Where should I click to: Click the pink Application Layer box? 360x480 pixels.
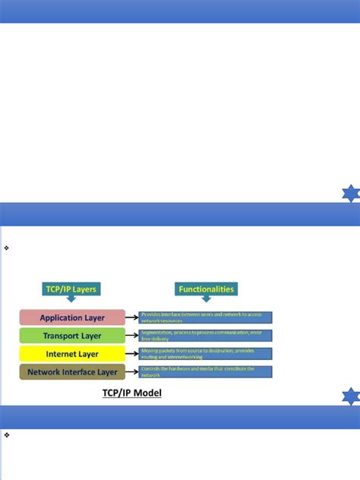[72, 317]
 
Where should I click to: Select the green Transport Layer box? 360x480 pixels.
[72, 336]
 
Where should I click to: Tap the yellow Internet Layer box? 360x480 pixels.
[72, 354]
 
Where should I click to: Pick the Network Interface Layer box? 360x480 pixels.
[72, 372]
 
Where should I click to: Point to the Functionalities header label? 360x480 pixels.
[206, 289]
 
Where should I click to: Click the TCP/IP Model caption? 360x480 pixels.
[132, 393]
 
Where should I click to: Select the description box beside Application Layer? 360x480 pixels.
[205, 317]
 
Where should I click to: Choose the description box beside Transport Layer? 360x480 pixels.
[205, 336]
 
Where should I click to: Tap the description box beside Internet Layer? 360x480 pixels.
[205, 354]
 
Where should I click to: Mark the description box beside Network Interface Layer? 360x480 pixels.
[205, 372]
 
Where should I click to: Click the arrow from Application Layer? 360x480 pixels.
[133, 317]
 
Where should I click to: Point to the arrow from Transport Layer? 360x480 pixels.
[133, 336]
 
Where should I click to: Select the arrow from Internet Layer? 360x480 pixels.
[133, 354]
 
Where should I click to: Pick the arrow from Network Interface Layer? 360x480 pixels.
[133, 372]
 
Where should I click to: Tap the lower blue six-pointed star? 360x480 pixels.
[349, 396]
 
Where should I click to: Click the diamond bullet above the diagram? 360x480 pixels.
[6, 248]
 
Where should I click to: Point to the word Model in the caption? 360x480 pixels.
[147, 393]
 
